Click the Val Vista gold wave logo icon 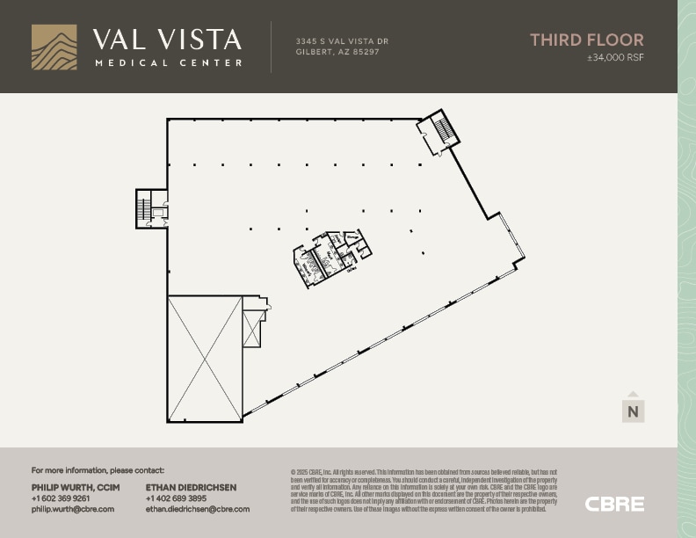tap(54, 47)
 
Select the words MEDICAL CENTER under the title tap(168, 63)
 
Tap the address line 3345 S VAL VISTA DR tap(342, 41)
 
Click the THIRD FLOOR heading tap(586, 40)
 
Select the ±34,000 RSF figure tap(615, 58)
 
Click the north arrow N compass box tap(633, 409)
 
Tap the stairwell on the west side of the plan tap(147, 209)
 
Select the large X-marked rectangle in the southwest tap(205, 359)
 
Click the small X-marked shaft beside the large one tap(253, 329)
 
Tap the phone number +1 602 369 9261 tap(61, 498)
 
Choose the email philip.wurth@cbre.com tap(73, 509)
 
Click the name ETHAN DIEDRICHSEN tap(191, 487)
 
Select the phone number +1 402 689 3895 tap(176, 498)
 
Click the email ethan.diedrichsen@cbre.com tap(198, 509)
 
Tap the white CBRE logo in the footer tap(614, 504)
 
